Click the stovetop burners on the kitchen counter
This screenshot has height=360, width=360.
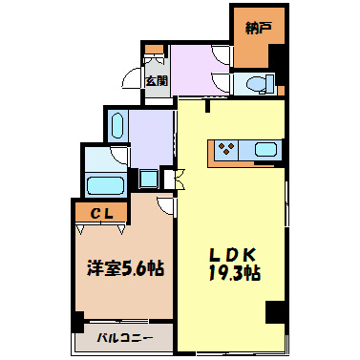(228, 148)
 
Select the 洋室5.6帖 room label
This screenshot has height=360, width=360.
(124, 268)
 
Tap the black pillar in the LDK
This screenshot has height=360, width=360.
(275, 311)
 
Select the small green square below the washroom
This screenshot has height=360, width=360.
(150, 178)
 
